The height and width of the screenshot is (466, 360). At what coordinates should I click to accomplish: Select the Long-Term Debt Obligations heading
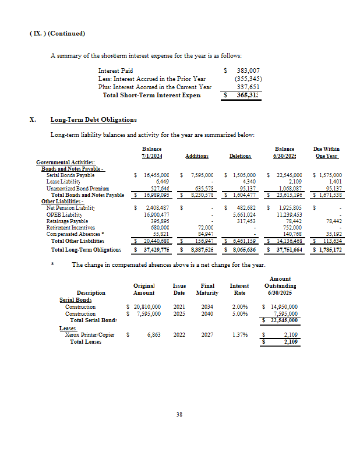pos(93,119)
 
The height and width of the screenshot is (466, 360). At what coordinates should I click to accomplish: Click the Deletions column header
pos(240,156)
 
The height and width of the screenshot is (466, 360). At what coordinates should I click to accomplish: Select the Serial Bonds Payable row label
pos(70,175)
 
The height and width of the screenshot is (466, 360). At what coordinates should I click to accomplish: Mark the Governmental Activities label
pos(66,163)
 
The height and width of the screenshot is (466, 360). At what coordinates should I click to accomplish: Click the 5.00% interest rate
pos(239,314)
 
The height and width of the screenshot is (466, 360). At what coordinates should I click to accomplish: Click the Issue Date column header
pos(179,290)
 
